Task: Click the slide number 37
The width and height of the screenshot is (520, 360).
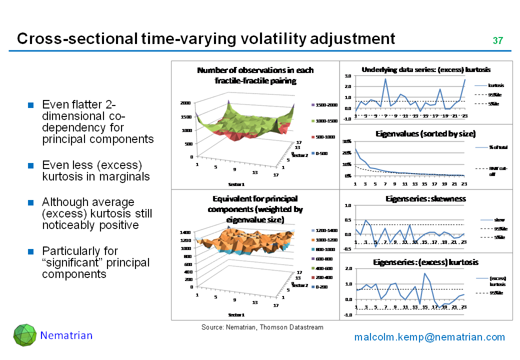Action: coord(497,40)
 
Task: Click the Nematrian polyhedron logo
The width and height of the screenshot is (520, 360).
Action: coord(25,335)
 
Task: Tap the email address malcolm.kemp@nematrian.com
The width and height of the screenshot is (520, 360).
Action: coord(429,337)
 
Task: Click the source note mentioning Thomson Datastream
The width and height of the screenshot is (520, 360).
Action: coord(262,327)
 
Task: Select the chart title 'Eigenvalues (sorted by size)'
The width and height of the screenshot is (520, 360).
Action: coord(425,134)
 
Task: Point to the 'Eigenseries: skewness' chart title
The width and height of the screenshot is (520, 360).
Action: coord(425,198)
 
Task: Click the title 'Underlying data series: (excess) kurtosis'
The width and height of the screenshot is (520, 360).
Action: coord(425,69)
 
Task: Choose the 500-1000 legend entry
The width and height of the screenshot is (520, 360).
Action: coord(323,137)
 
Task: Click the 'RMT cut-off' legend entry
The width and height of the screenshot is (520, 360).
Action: coord(497,171)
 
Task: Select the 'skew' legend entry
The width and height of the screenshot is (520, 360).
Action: coord(499,220)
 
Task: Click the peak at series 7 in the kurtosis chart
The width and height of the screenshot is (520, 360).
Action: coord(385,79)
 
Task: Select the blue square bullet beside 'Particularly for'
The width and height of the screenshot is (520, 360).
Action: coord(30,251)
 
